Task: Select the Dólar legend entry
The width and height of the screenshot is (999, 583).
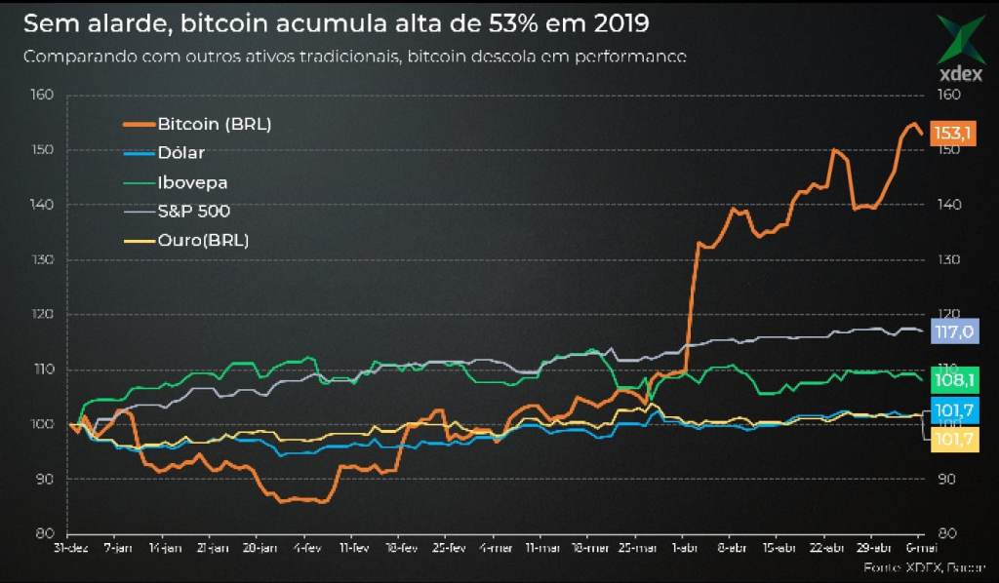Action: (180, 152)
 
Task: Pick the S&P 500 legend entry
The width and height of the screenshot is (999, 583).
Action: (193, 211)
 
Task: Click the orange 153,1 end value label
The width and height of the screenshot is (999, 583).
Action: (952, 133)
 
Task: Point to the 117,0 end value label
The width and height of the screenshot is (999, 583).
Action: (952, 331)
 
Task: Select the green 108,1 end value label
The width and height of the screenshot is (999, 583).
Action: (952, 380)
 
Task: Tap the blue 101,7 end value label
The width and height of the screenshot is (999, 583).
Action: (952, 411)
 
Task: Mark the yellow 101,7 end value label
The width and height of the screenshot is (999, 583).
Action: (952, 441)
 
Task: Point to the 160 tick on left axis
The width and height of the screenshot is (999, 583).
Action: (41, 95)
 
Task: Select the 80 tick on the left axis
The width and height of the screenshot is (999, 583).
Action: (45, 533)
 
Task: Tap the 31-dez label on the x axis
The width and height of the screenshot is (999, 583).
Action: (70, 549)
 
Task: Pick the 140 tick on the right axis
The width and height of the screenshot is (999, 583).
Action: (948, 205)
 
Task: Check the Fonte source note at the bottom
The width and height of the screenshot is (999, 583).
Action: (923, 566)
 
